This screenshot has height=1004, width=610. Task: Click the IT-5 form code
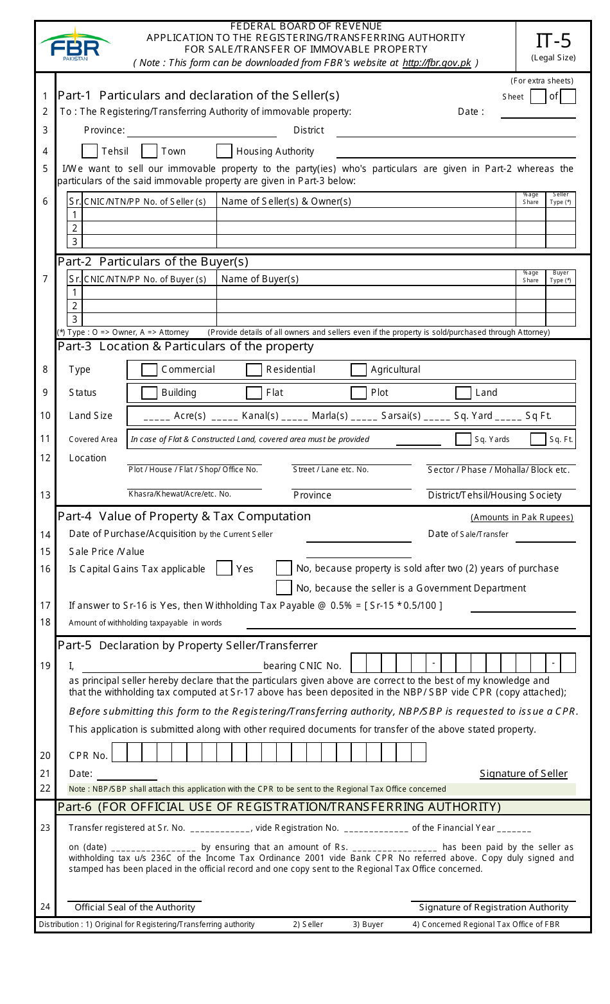point(553,41)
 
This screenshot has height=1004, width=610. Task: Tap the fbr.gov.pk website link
point(437,63)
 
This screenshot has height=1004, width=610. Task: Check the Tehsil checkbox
point(90,151)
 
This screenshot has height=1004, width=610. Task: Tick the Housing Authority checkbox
point(224,151)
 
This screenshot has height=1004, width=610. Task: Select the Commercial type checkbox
point(149,370)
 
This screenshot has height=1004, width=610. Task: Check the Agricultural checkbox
point(358,370)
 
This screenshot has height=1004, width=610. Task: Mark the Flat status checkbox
point(254,393)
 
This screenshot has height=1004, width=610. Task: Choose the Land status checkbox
point(463,393)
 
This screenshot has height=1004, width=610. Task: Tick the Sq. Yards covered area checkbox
point(463,439)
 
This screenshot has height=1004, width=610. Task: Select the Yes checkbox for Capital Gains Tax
point(224,569)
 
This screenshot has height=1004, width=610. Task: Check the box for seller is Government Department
point(284,588)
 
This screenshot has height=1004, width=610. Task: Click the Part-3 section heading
point(186,346)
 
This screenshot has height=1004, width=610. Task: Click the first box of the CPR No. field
point(119,753)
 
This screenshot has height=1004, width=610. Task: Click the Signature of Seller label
point(523,774)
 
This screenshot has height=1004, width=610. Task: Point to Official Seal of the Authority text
point(135,907)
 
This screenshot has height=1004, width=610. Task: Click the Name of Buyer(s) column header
point(260,279)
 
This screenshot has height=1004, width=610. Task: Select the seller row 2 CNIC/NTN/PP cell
point(150,228)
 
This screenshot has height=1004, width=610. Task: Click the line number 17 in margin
point(45,606)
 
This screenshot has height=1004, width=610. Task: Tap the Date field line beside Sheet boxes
point(537,113)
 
